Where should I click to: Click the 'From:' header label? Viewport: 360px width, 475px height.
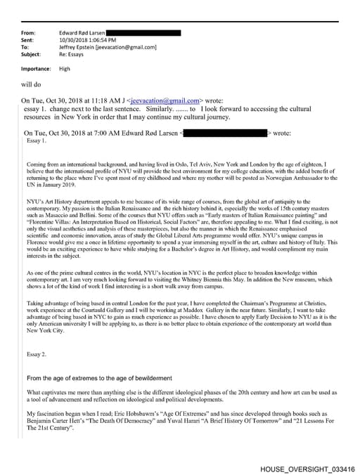29,33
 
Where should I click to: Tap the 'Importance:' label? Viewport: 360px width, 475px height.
37,69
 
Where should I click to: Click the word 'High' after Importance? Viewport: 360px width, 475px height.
65,69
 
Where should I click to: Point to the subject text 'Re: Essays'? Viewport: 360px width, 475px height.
74,54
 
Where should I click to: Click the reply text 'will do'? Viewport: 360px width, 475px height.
32,84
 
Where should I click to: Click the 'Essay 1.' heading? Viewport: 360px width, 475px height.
37,141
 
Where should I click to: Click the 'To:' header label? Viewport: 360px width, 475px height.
25,47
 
